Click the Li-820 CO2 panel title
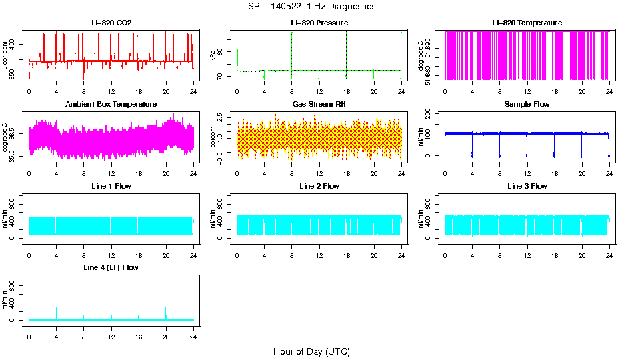pos(111,23)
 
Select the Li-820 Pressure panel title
pos(319,23)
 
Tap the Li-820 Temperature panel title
pos(527,23)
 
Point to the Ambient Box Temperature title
pos(111,105)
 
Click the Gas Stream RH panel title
pos(319,105)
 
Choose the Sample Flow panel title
pos(527,105)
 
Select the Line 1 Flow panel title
pos(111,186)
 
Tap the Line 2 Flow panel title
pos(319,186)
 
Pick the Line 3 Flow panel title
pos(527,186)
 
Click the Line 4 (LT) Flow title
pos(111,267)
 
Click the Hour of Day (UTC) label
pos(311,351)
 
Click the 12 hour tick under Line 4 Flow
pos(111,337)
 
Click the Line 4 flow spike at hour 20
pos(166,312)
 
